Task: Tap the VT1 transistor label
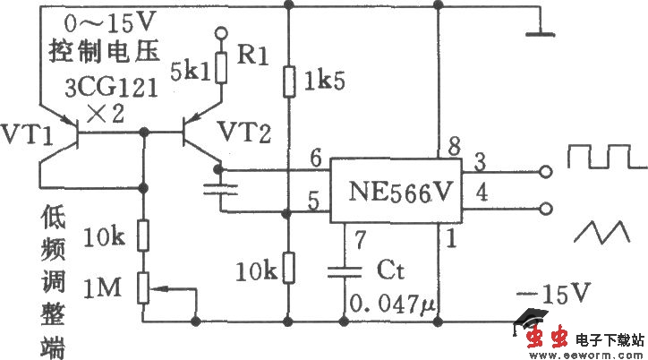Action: [x=24, y=136]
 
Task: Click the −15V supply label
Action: [x=556, y=293]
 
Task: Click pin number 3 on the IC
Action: [x=480, y=162]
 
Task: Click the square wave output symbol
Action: [x=605, y=158]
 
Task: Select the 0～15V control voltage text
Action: [x=108, y=19]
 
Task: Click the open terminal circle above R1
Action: [x=220, y=35]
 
